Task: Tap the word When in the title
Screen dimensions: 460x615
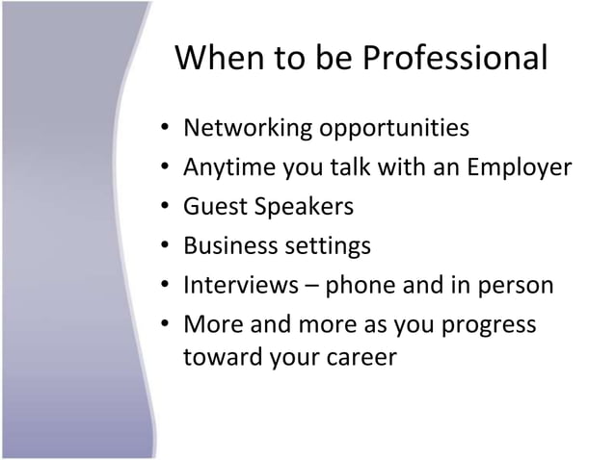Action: [218, 60]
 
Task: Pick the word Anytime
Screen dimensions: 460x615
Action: [224, 167]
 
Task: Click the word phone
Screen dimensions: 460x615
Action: [358, 286]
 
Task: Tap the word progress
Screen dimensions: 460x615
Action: [491, 325]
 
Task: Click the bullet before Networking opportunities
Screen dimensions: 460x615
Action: [167, 128]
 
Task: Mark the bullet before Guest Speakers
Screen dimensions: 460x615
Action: [167, 207]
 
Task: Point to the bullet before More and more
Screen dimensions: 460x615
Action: [167, 325]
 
